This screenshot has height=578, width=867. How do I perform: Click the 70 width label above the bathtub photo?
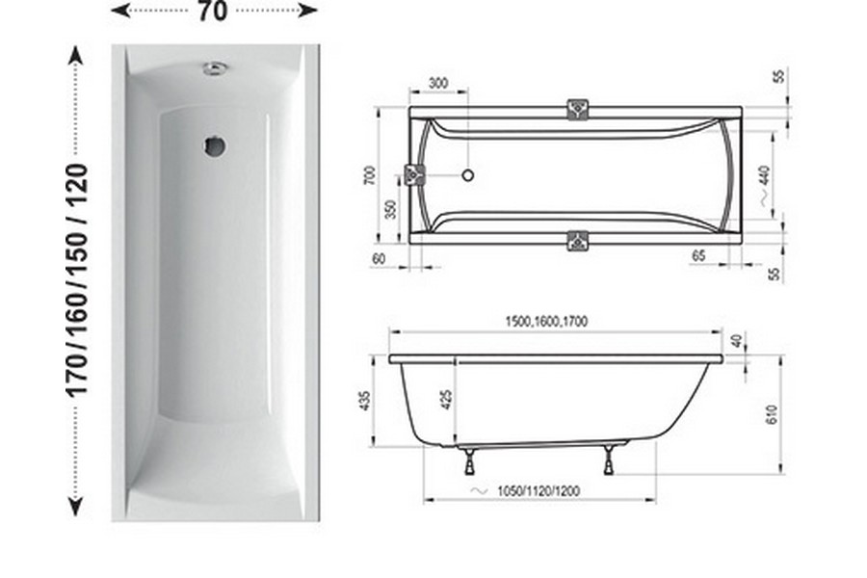[212, 11]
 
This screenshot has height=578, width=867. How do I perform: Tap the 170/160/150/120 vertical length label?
[77, 280]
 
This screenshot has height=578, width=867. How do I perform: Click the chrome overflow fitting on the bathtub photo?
[216, 68]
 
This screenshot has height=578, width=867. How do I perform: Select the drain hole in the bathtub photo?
[214, 146]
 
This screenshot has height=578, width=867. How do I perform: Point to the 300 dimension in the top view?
[438, 84]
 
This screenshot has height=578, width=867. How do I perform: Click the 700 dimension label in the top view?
[370, 175]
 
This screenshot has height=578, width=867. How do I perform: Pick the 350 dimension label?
[391, 210]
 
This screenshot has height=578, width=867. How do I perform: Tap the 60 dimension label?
[379, 258]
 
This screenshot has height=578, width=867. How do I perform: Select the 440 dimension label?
[765, 176]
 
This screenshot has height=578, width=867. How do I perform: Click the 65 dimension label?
[698, 255]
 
